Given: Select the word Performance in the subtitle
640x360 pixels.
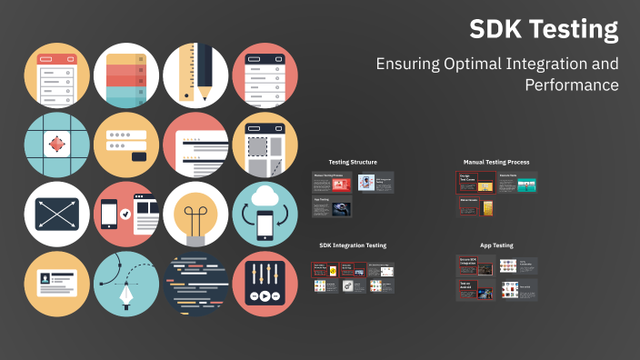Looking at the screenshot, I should (x=572, y=85).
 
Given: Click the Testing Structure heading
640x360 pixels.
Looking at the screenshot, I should (x=353, y=162).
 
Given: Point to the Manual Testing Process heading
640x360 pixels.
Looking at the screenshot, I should (x=495, y=162).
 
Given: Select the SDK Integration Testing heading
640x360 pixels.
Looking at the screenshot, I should (x=353, y=245).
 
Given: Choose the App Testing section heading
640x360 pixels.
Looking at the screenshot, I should (x=496, y=245).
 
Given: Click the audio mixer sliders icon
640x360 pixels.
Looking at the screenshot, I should (x=265, y=285).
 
